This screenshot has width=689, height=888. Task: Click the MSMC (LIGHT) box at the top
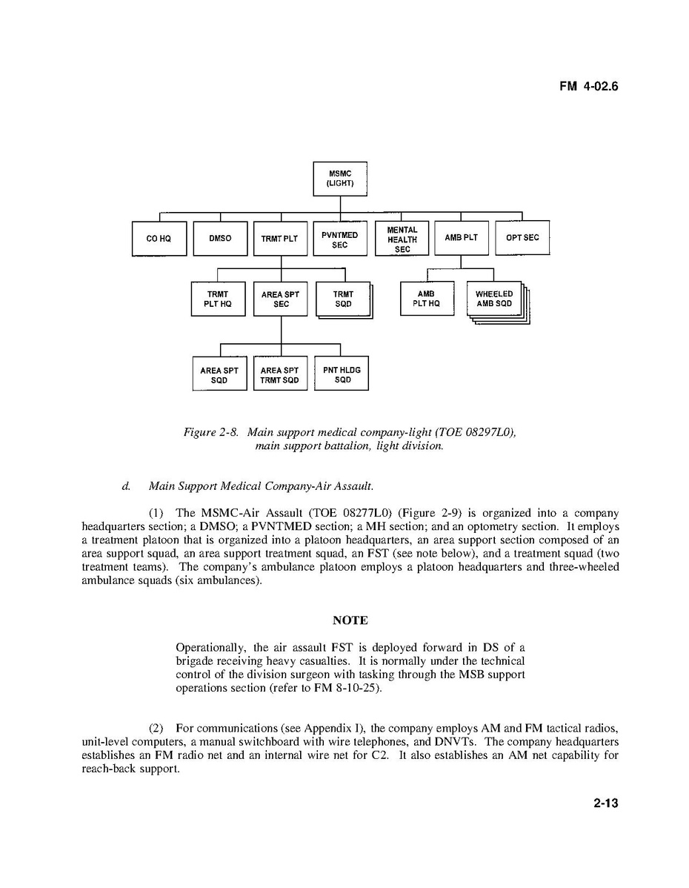[x=340, y=179]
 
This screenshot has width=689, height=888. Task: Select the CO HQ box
[x=159, y=239]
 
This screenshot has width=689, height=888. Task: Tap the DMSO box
[x=220, y=239]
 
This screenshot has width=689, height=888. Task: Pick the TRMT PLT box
[x=279, y=239]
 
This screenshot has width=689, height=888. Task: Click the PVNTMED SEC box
[x=340, y=239]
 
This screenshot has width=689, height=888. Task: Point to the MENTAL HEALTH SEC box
[x=402, y=239]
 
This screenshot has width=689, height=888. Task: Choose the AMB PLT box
[x=462, y=238]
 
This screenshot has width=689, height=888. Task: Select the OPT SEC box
[x=522, y=238]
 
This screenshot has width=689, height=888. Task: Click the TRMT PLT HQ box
[x=218, y=299]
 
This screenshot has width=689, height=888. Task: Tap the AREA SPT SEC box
[x=280, y=299]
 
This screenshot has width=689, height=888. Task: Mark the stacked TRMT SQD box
[x=343, y=299]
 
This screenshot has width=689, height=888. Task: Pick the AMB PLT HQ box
[x=427, y=299]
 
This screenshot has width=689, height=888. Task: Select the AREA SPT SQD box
[x=219, y=375]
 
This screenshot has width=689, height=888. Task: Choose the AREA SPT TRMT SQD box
[x=280, y=375]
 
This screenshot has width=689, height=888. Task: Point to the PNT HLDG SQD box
[x=342, y=375]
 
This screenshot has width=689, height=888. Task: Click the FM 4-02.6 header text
[x=588, y=86]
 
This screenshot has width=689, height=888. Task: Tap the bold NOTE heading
[x=350, y=620]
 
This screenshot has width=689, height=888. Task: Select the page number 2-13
[x=605, y=803]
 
